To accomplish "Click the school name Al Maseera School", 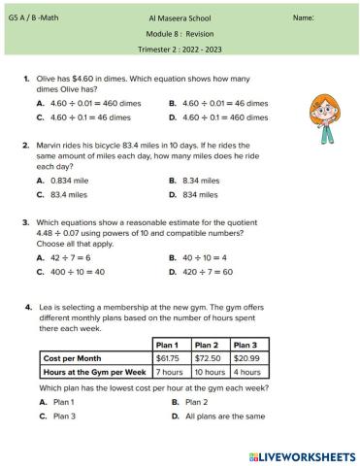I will coord(179,18).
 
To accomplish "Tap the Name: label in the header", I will coord(303,18).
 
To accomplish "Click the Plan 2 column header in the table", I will coord(206,345).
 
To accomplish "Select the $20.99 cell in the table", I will coord(246,358).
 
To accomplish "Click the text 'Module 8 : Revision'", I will coord(179,33).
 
